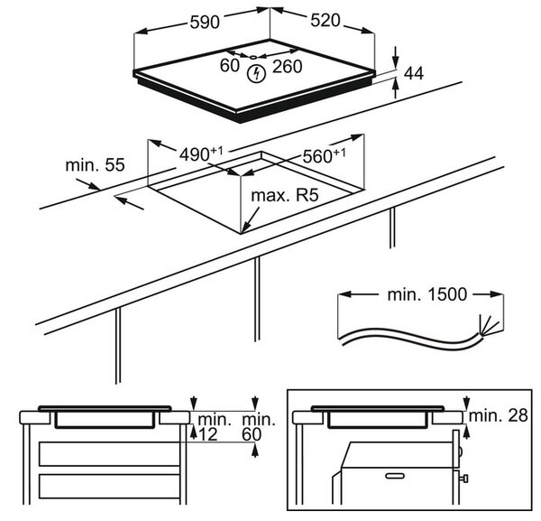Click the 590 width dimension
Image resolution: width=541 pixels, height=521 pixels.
205,23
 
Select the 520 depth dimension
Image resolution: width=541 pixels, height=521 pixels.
325,21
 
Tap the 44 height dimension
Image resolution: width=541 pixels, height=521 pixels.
413,73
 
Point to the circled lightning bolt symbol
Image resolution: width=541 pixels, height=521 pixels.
256,73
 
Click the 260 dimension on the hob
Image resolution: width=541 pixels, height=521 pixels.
287,67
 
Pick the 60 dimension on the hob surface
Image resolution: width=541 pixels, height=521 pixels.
229,65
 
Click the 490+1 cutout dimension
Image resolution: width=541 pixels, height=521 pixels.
201,154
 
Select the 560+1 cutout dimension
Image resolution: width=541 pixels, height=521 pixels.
324,155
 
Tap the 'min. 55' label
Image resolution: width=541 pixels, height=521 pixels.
95,165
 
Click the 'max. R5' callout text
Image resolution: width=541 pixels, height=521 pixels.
285,196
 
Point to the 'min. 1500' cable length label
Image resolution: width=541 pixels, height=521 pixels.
427,294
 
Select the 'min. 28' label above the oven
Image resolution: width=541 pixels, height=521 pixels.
499,415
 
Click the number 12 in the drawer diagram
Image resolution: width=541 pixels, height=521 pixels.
208,434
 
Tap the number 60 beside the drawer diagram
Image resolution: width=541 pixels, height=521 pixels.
252,434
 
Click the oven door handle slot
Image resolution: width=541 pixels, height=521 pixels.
395,476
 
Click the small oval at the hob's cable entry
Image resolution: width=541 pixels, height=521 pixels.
252,57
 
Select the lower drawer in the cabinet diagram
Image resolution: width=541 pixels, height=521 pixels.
109,486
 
